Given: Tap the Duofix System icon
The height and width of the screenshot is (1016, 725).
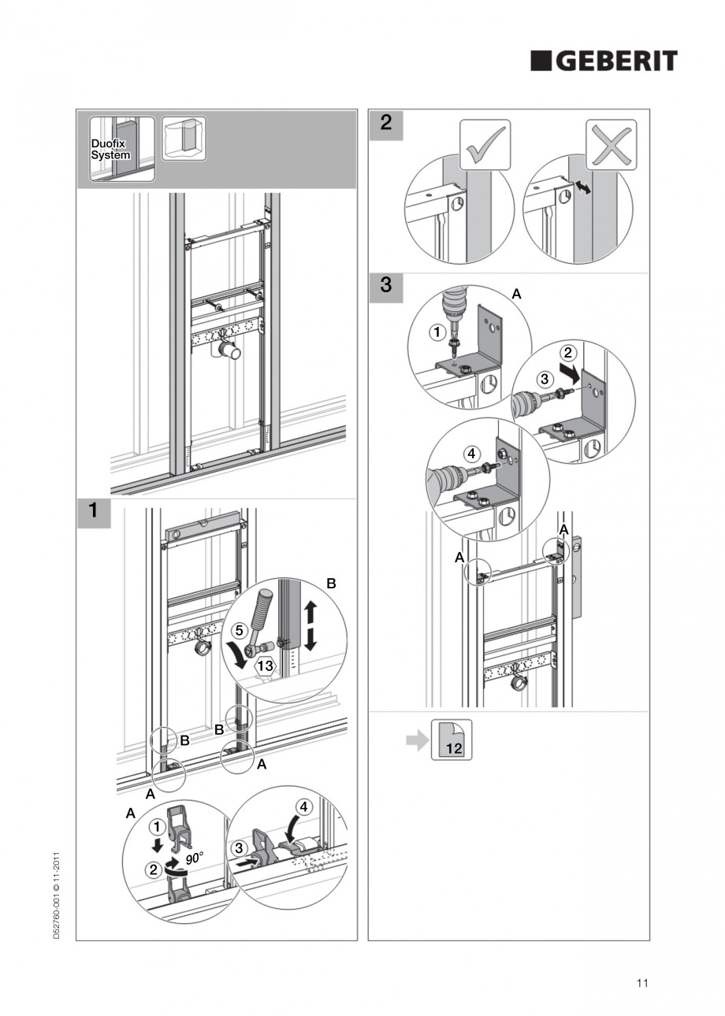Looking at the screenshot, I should point(111,149).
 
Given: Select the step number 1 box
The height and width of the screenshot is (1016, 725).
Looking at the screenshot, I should point(93,510).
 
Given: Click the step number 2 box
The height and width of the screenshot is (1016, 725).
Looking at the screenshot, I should point(385,123).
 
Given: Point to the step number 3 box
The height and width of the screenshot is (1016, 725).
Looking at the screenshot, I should point(385,285).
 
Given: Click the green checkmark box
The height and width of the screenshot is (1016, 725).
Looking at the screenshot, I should point(485,145).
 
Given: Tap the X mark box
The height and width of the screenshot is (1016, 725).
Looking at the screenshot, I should point(611,145).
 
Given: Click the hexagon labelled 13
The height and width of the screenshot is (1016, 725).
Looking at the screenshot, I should point(266,666).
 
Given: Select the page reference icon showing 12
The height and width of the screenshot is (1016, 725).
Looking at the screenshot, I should point(452,740).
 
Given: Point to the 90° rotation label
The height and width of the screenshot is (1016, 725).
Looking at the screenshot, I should point(195,857).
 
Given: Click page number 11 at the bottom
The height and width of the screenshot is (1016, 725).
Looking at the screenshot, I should point(642,983).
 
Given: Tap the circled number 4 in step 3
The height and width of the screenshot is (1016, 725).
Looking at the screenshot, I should point(470,454).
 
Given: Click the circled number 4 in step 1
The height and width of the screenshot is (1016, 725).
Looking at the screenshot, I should point(303,806).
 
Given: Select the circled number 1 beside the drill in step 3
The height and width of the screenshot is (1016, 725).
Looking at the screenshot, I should point(436,332).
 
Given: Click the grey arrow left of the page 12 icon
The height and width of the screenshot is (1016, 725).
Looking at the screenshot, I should point(416,740).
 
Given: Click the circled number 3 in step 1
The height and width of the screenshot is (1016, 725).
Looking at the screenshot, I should point(240,848).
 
